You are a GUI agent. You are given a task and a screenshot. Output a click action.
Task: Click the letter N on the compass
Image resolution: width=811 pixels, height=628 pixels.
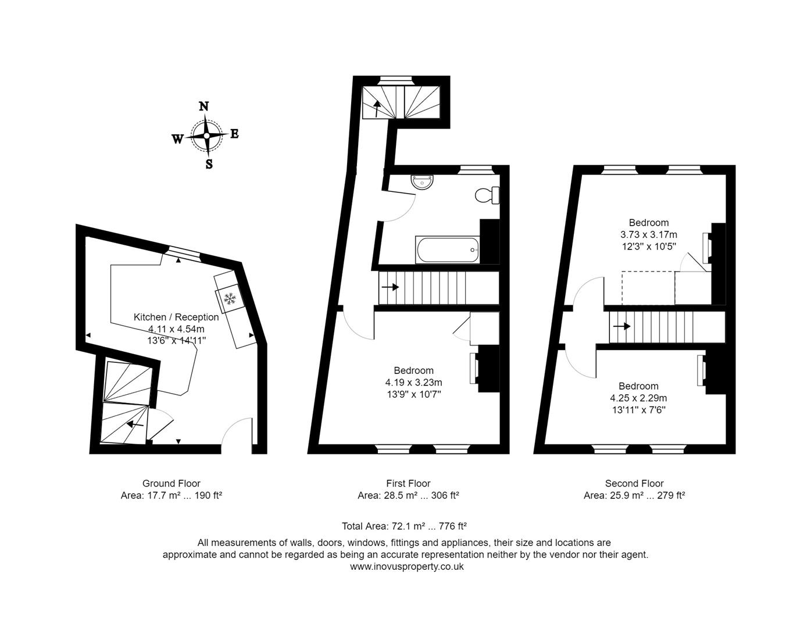tap(204, 106)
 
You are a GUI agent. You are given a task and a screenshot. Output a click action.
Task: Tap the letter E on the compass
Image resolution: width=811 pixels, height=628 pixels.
tap(234, 134)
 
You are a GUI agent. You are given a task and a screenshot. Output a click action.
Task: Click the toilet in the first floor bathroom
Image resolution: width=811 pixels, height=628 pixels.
tap(486, 195)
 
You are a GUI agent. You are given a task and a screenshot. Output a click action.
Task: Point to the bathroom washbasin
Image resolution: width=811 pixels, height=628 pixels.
tap(421, 181)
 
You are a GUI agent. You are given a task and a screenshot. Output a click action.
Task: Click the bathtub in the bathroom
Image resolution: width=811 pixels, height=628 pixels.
tap(447, 249)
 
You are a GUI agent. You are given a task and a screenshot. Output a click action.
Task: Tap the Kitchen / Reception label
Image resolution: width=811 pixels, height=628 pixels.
tap(176, 317)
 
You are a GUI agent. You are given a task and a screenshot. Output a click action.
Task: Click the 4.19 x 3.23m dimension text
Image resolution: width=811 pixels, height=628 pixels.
tap(413, 383)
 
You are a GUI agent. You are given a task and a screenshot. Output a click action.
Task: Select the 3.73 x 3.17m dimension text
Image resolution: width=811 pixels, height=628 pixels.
tap(648, 235)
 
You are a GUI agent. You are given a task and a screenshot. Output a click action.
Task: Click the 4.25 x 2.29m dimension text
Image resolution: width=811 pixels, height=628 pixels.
tap(638, 398)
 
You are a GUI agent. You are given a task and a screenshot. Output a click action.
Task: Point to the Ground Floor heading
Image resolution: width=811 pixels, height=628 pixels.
tap(172, 483)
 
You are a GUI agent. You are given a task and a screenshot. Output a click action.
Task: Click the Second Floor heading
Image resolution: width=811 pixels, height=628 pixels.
tap(634, 483)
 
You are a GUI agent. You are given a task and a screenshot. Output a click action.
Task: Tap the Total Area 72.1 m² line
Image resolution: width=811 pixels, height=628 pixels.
tap(405, 526)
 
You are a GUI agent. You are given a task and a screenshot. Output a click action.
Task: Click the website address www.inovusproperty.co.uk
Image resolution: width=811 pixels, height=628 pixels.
tap(407, 566)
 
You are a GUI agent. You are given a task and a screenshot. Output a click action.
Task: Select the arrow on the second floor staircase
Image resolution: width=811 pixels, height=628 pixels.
tap(622, 326)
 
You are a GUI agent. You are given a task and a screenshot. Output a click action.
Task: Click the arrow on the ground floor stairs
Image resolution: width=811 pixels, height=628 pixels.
tap(135, 424)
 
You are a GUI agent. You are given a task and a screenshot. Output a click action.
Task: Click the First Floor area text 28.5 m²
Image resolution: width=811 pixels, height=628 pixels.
tap(408, 495)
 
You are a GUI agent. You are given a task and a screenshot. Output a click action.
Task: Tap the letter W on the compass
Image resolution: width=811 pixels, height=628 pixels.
tap(178, 139)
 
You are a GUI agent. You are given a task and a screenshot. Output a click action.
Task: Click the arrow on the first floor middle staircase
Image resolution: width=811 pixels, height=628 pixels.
tap(390, 287)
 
